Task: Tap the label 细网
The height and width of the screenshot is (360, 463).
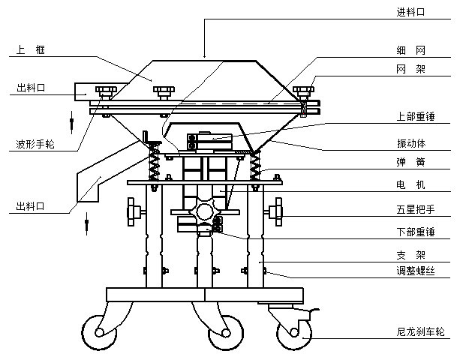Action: pos(410,50)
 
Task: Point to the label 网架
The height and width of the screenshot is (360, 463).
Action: pos(410,69)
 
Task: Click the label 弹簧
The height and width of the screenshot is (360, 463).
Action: pos(410,161)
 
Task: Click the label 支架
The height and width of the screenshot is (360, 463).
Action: pos(410,255)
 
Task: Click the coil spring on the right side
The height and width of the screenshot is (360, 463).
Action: pos(257,165)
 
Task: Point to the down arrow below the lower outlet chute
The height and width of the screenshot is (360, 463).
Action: pos(87,221)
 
